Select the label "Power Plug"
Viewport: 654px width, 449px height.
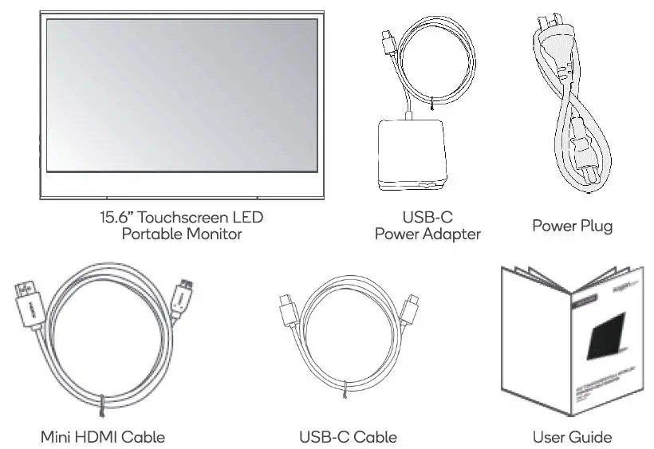(x=572, y=226)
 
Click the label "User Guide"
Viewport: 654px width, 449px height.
(x=572, y=437)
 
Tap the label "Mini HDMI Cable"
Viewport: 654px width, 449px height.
(x=103, y=437)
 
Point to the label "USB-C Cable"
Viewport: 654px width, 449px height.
(x=348, y=437)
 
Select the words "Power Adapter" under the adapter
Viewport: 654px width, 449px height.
(x=427, y=234)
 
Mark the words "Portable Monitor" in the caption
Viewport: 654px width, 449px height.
(x=182, y=234)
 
